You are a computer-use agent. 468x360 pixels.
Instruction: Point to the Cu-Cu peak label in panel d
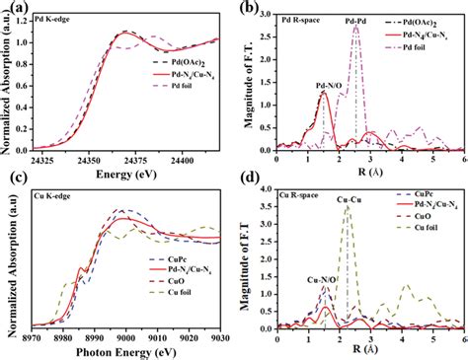click(x=348, y=199)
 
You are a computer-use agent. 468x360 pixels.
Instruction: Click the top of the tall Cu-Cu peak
click(x=347, y=207)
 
